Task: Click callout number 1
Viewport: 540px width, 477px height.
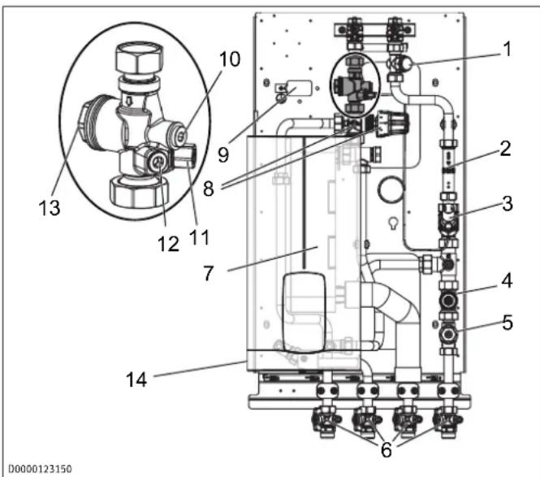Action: (x=507, y=50)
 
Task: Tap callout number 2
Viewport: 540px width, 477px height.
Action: (x=505, y=149)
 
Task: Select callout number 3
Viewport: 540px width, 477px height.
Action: (x=507, y=203)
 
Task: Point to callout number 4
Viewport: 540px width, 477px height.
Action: (x=507, y=280)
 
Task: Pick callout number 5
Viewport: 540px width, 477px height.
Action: (x=508, y=323)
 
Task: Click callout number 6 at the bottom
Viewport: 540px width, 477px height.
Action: (x=386, y=449)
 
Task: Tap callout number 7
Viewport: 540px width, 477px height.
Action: (x=209, y=273)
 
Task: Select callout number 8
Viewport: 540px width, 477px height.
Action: (x=209, y=189)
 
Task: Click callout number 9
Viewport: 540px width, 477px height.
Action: (x=223, y=154)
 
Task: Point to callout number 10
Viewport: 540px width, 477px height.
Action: (x=230, y=59)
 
